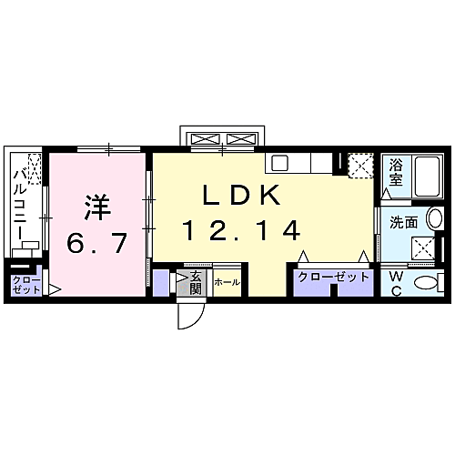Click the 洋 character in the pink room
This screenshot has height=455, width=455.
coord(98,207)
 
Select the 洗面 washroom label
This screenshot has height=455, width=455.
coord(403,221)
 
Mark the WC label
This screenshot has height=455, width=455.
coord(398,283)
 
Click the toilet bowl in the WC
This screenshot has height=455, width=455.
coord(426,284)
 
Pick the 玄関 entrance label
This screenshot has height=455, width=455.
coord(195,282)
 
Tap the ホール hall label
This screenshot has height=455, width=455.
coord(227,283)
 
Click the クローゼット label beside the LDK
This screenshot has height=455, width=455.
coord(333,277)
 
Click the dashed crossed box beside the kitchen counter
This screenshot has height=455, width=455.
coord(360,166)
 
